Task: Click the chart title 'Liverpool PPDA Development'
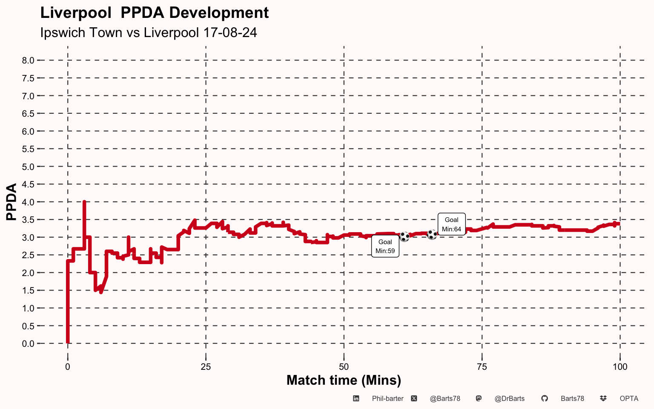[155, 13]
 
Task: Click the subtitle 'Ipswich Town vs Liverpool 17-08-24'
[149, 32]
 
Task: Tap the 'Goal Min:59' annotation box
[385, 246]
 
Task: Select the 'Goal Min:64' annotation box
[451, 224]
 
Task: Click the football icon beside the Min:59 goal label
[404, 236]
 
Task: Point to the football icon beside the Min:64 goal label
[432, 234]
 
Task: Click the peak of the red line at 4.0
[84, 202]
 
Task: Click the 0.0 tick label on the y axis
[28, 343]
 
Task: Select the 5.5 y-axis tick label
[28, 149]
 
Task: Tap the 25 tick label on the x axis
[206, 367]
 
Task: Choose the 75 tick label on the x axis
[482, 367]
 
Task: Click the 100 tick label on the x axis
[620, 367]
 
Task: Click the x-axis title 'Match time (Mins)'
[344, 380]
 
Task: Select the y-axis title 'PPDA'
[11, 202]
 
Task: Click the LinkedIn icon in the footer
[356, 398]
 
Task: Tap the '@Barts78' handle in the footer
[445, 399]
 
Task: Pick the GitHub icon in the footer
[545, 398]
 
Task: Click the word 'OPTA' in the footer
[629, 399]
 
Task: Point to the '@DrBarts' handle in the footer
[510, 399]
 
